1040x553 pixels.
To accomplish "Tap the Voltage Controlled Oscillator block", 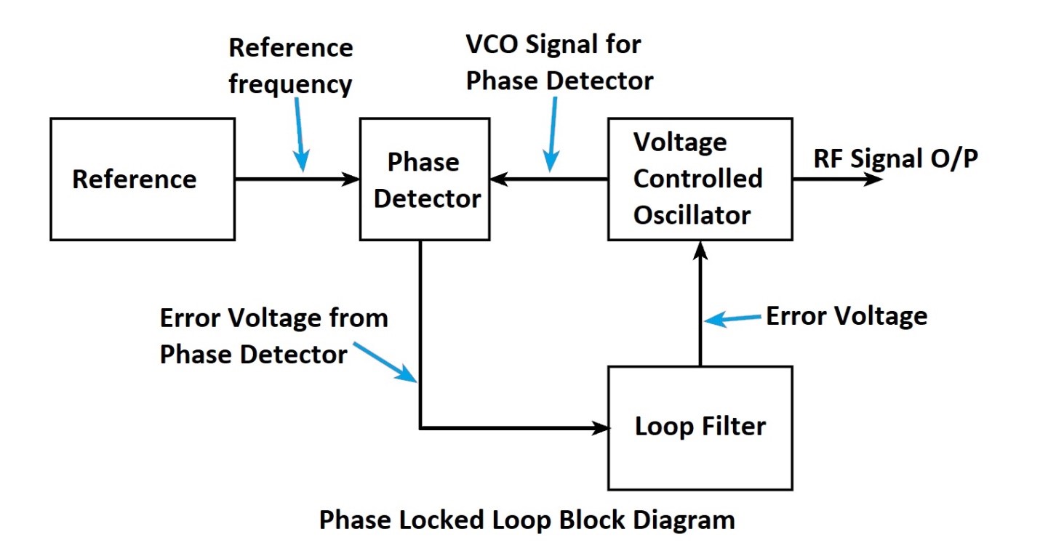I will pyautogui.click(x=700, y=179).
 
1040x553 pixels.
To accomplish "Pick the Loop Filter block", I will pyautogui.click(x=700, y=427).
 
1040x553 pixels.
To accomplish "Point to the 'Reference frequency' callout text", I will pyautogui.click(x=291, y=66).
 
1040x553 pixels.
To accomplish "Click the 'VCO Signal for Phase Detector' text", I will pyautogui.click(x=559, y=62).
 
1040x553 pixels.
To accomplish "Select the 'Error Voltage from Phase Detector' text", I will pyautogui.click(x=273, y=336).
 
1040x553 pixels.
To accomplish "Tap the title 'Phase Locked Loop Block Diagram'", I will pyautogui.click(x=527, y=520).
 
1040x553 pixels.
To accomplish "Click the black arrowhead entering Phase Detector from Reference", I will pyautogui.click(x=353, y=179).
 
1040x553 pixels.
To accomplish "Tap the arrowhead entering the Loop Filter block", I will pyautogui.click(x=601, y=428).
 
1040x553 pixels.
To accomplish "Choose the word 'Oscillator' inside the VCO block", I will pyautogui.click(x=692, y=215).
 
